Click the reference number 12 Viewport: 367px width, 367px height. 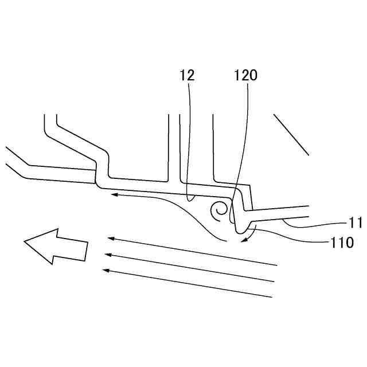click(x=187, y=75)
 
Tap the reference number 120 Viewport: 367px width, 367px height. click(x=246, y=75)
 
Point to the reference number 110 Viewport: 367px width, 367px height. click(x=342, y=243)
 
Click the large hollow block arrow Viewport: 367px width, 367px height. click(x=55, y=246)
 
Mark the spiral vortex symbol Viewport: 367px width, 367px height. click(x=219, y=211)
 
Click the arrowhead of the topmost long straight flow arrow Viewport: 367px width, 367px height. click(x=110, y=238)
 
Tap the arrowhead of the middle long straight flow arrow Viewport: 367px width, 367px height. click(x=107, y=254)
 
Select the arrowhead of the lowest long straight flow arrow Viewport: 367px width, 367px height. click(x=104, y=270)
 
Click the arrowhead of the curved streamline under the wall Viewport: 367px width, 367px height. click(x=114, y=195)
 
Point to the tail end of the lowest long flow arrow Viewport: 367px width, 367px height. click(x=271, y=296)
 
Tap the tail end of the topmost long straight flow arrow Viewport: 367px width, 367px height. click(x=277, y=265)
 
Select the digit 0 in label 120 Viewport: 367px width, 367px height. click(x=253, y=75)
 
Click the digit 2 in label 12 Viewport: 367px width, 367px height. click(x=191, y=75)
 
